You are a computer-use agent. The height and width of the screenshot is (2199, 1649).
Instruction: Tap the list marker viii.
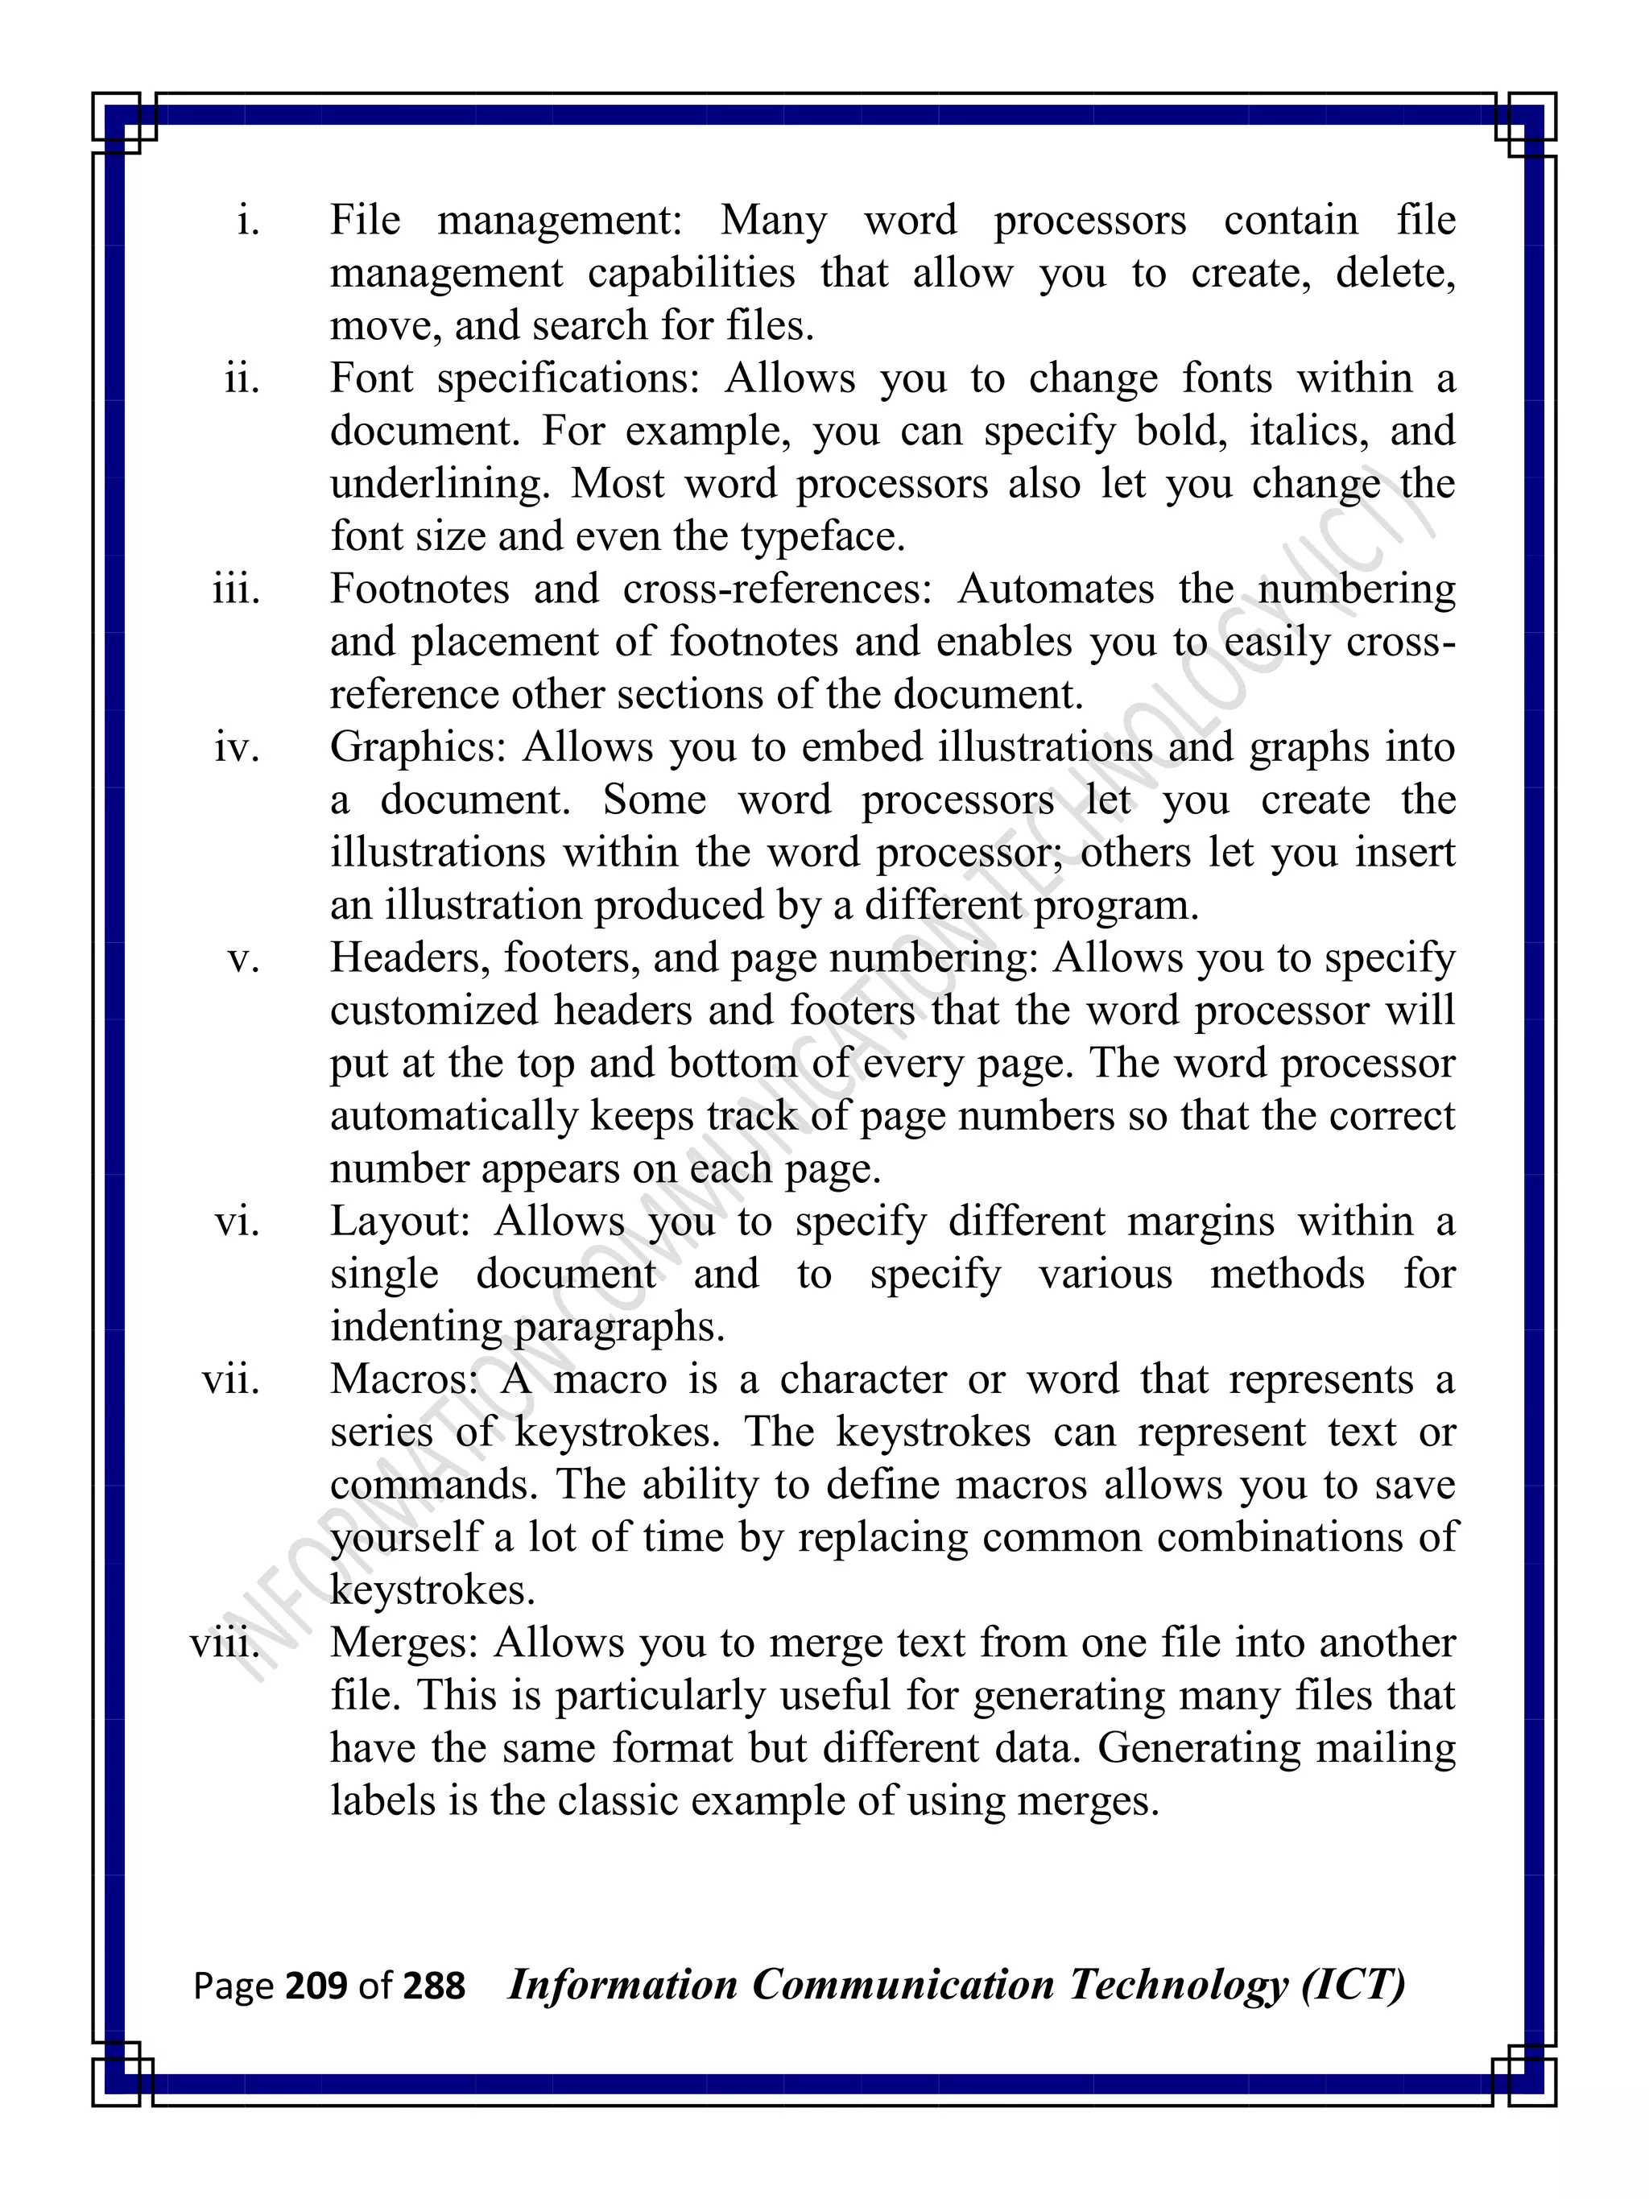[225, 1643]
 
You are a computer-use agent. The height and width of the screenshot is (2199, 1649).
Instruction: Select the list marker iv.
[238, 747]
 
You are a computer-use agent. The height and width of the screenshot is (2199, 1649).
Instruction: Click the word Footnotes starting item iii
[419, 589]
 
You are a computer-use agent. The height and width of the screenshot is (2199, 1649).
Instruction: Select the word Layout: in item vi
[399, 1221]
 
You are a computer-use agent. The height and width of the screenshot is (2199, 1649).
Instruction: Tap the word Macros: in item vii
[406, 1380]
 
